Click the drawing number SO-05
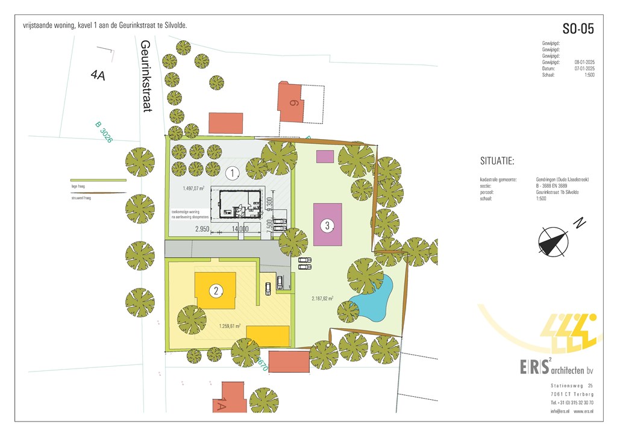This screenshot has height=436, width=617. point(578,29)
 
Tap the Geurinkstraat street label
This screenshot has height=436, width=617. point(146,76)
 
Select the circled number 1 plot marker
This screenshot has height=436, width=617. point(232,173)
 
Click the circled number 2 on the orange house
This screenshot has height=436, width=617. point(216,291)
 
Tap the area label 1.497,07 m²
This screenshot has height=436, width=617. point(193,188)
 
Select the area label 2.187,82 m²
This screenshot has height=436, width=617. point(322,297)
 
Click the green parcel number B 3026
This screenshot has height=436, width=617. point(104,132)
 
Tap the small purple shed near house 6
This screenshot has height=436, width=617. point(325,157)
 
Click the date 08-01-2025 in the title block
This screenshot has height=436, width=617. point(584,62)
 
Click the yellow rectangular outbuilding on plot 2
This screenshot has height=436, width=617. point(268,336)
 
